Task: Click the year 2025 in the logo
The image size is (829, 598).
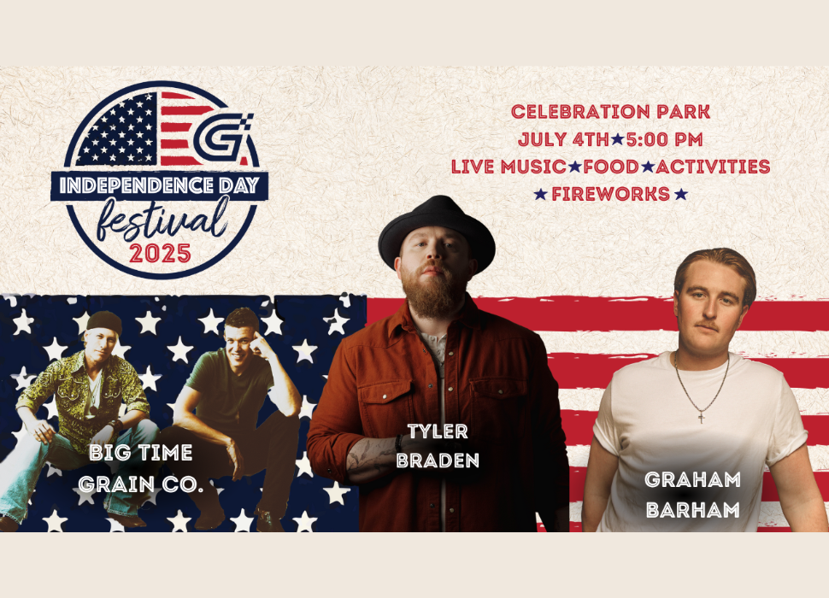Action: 160,254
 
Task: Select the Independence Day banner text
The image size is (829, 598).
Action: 160,185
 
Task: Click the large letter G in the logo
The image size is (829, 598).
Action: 222,138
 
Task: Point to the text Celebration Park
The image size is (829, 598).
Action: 611,111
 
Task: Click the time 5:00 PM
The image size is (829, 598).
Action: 665,139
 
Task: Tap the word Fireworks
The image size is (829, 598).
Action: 611,194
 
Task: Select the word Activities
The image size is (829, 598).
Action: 713,167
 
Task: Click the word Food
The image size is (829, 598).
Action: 611,167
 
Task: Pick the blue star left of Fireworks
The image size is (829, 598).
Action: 540,194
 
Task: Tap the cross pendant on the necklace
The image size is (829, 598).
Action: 702,418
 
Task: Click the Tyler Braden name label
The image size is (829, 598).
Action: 438,446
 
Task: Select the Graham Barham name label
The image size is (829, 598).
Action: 692,495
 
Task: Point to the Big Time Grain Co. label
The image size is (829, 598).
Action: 141,467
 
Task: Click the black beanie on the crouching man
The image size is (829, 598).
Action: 104,322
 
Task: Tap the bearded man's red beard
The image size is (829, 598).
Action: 432,294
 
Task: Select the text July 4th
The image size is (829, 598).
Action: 563,139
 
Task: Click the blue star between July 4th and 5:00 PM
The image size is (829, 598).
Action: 618,139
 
